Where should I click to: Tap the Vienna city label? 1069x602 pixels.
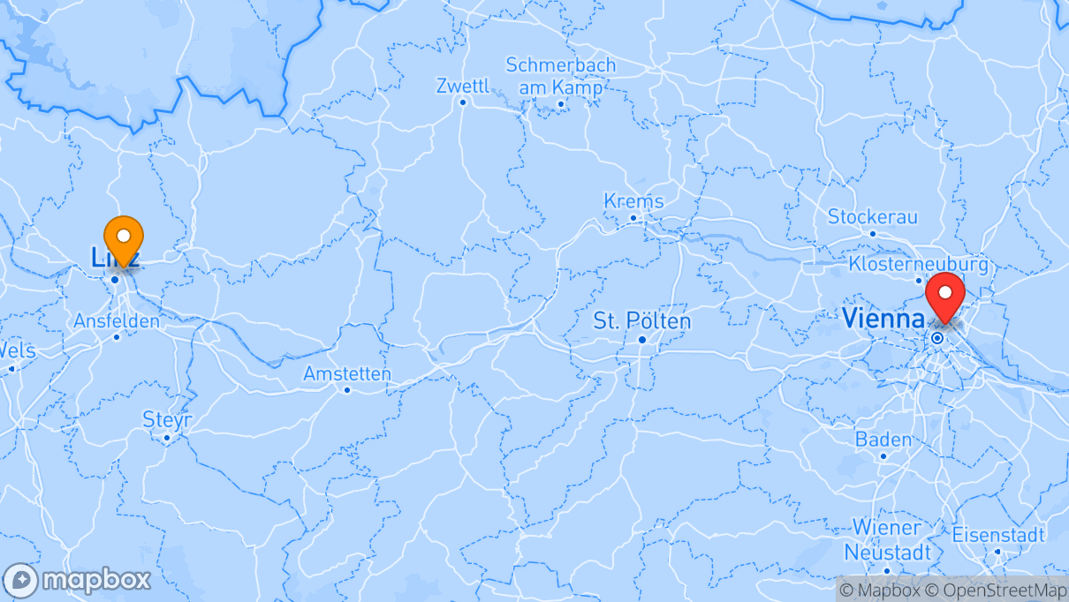tap(883, 318)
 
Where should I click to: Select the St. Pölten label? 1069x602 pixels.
tap(641, 320)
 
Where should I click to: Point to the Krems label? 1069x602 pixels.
tap(633, 201)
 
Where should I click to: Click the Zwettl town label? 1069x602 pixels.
tap(462, 86)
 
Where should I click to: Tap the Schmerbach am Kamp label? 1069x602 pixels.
tap(561, 76)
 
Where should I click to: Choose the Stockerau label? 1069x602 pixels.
tap(872, 217)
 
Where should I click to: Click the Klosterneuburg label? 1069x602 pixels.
tap(918, 264)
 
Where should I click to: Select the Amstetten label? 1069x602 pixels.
tap(346, 373)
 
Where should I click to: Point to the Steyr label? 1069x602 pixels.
tap(167, 419)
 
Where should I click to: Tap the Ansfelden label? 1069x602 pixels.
tap(117, 320)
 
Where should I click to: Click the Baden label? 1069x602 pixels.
tap(883, 440)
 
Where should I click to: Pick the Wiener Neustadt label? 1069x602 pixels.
tap(886, 539)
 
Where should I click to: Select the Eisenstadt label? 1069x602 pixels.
tap(998, 535)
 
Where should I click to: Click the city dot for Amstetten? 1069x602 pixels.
tap(347, 389)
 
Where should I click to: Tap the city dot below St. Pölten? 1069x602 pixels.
tap(642, 340)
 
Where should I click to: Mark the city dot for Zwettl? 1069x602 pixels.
tap(462, 102)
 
